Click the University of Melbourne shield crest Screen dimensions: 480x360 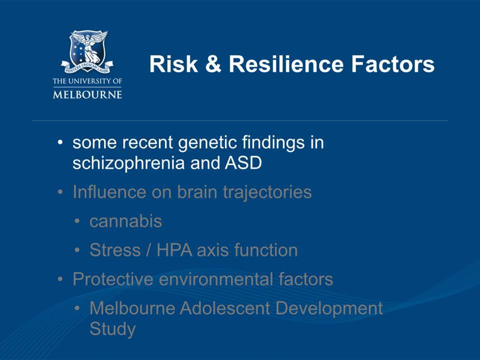coord(87,51)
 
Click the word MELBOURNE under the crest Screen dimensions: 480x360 coord(87,94)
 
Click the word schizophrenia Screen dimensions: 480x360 coord(128,163)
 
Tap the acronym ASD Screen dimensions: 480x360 coord(243,162)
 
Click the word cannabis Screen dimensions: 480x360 coord(125,221)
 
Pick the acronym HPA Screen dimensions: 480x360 coord(174,250)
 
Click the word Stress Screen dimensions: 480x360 coord(115,250)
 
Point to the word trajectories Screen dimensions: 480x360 coord(267,192)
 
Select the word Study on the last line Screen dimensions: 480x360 coord(112,329)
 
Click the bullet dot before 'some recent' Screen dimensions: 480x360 coord(60,142)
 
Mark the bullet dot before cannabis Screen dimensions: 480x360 coord(77,221)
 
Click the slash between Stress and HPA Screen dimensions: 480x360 coord(148,250)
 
